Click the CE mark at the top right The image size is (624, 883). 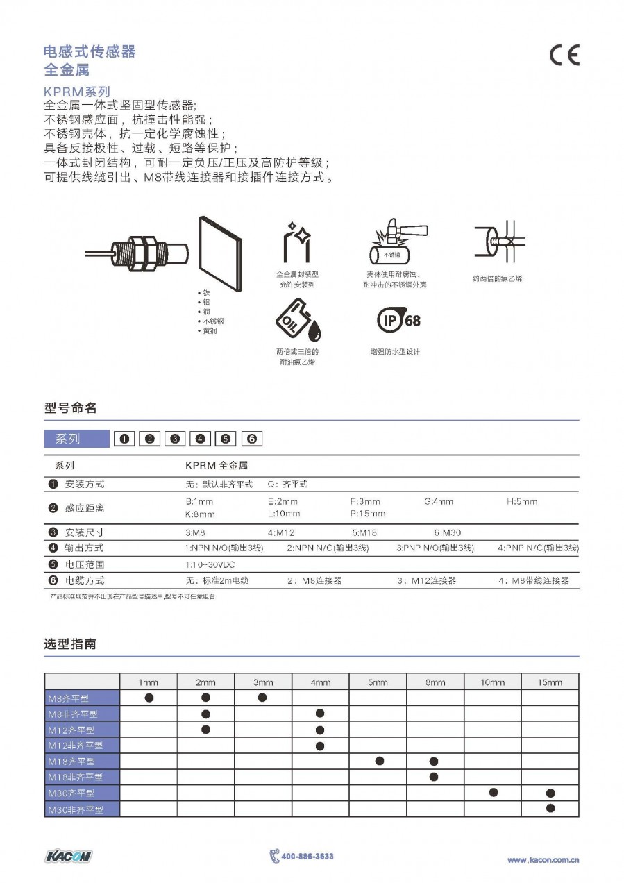tap(564, 56)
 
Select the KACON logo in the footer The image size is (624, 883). tap(68, 856)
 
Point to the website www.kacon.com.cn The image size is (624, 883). tap(543, 860)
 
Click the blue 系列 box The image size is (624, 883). tap(77, 439)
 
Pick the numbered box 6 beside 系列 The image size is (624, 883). tap(252, 439)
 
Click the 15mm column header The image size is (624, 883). tap(549, 682)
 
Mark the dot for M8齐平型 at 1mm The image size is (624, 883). tap(149, 697)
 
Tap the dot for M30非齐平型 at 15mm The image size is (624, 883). tap(550, 808)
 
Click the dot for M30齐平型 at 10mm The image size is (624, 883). tap(493, 792)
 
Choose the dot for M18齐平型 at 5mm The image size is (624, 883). tap(379, 761)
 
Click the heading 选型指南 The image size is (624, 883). tap(70, 644)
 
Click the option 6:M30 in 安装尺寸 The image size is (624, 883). tap(447, 533)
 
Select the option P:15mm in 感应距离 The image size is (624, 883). tap(367, 514)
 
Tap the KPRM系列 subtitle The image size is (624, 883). tap(76, 92)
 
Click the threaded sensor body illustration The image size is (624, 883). tap(142, 253)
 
